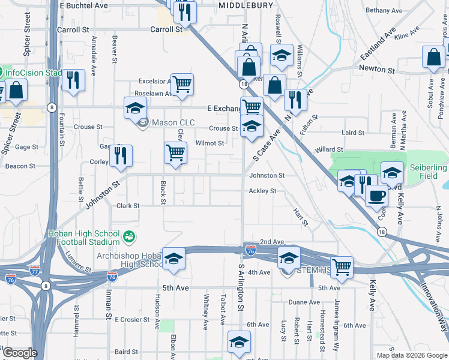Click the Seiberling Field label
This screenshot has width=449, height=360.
click(428, 172)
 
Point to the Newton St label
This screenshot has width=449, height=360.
click(377, 70)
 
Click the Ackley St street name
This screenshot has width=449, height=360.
click(263, 191)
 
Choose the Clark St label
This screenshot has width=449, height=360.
click(128, 206)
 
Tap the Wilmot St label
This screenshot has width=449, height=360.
click(210, 143)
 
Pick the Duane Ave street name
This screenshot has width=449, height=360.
click(304, 302)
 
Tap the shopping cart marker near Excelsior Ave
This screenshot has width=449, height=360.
click(182, 85)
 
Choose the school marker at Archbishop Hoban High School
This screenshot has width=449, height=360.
click(173, 259)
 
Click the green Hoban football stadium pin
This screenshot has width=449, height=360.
click(128, 238)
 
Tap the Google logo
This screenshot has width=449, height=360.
click(19, 353)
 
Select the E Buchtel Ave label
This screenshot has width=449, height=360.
click(83, 5)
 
